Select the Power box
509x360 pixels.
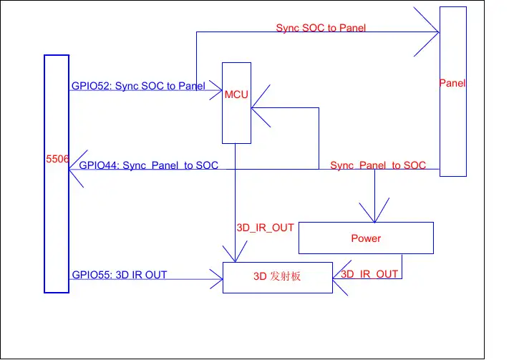[x=366, y=238]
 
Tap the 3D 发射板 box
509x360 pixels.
[x=278, y=278]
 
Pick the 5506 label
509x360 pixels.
[x=57, y=160]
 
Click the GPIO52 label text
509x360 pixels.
[x=138, y=86]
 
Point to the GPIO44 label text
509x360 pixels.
[x=148, y=165]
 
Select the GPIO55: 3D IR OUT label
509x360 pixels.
[x=120, y=275]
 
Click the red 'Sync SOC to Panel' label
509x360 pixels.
[x=322, y=28]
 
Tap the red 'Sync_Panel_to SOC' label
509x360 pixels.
[x=378, y=165]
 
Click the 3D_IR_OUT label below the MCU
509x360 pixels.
[x=265, y=228]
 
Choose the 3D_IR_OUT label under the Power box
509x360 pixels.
[x=369, y=274]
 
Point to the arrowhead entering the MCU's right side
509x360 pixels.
[x=259, y=107]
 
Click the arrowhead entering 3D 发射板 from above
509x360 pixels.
[x=236, y=254]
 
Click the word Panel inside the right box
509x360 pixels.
[x=452, y=83]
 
